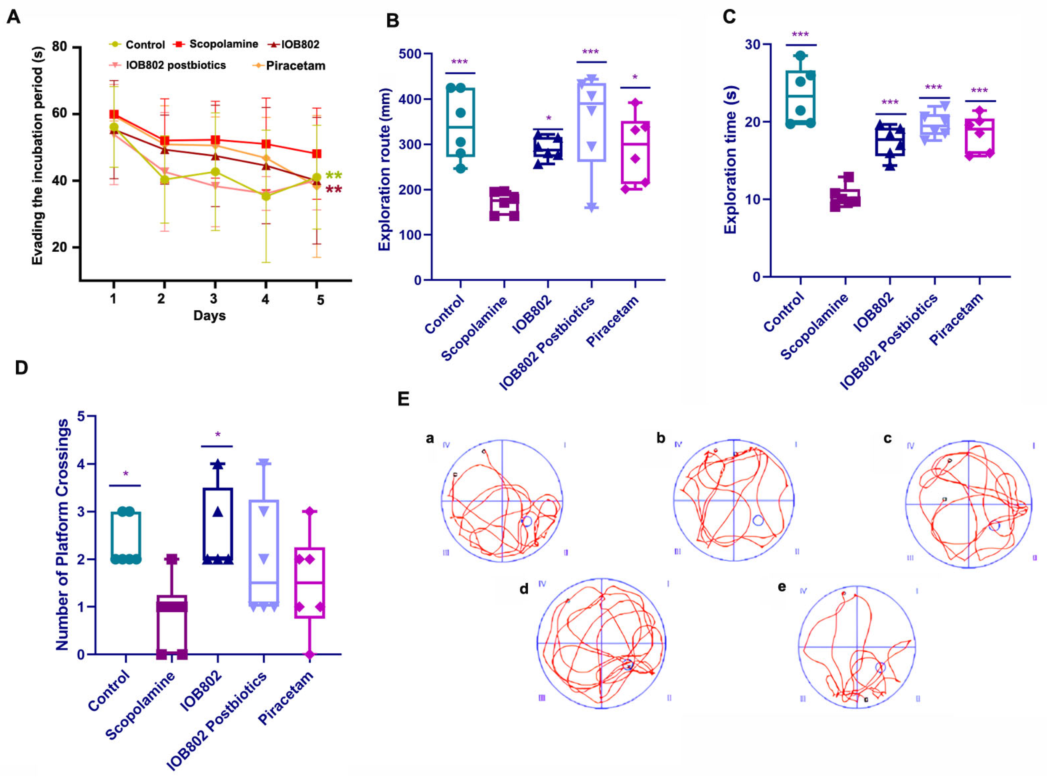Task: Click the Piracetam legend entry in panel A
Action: coord(295,66)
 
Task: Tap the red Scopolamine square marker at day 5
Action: coord(317,154)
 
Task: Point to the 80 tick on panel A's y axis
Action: coord(59,47)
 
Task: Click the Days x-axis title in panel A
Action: coord(209,315)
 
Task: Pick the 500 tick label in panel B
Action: coord(409,54)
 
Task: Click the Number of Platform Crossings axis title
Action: coord(62,534)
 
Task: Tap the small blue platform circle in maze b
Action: coord(758,520)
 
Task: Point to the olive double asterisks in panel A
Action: coord(334,175)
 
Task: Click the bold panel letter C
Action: coord(729,17)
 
